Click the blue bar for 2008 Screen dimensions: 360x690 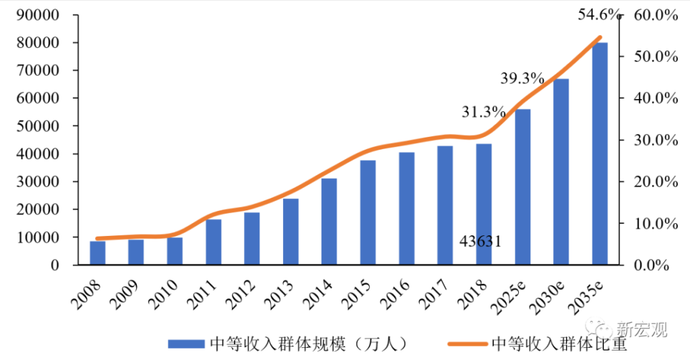pyautogui.click(x=98, y=253)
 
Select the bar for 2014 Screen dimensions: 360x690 pyautogui.click(x=329, y=222)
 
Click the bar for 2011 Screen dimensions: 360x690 pyautogui.click(x=214, y=242)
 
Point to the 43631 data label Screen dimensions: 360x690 pyautogui.click(x=480, y=241)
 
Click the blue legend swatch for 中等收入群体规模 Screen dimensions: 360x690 pyautogui.click(x=185, y=344)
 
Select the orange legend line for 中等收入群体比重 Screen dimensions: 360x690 pyautogui.click(x=467, y=344)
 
